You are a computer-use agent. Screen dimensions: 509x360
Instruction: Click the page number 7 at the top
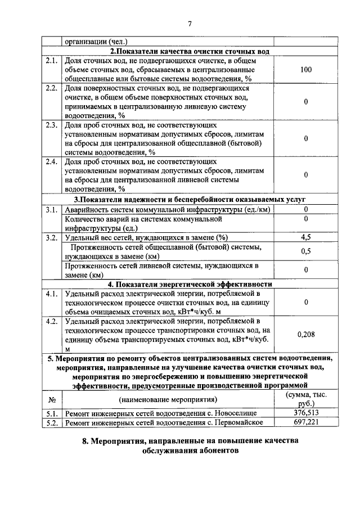[189, 23]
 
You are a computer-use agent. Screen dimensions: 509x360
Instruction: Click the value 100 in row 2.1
[306, 70]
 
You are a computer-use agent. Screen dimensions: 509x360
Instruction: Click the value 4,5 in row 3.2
[306, 237]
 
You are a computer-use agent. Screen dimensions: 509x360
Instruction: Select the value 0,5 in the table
[306, 251]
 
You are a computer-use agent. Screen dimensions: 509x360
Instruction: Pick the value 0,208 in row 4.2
[306, 335]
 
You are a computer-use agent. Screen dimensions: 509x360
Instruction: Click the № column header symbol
[51, 399]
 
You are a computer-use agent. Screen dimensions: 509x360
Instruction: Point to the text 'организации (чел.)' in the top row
[96, 41]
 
